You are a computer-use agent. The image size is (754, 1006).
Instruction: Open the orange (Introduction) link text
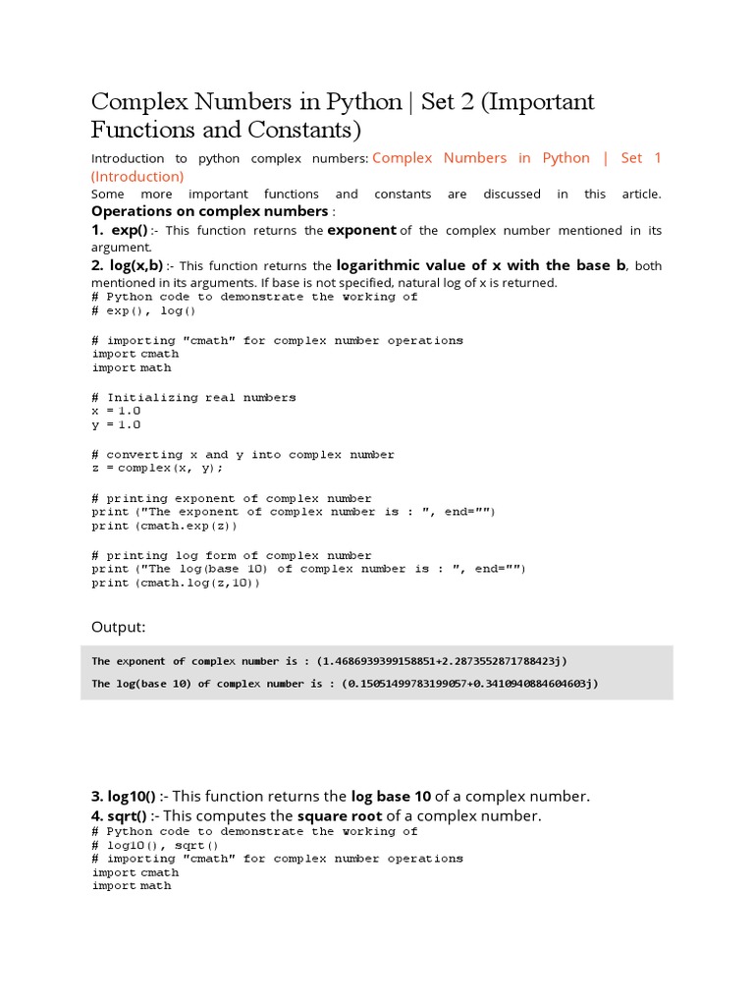point(137,177)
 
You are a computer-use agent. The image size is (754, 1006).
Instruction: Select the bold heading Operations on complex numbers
point(209,211)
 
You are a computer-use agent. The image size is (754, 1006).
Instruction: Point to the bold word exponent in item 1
point(361,230)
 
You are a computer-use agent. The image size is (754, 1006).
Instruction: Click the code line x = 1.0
point(116,411)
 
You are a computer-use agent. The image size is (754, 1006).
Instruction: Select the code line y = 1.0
point(116,424)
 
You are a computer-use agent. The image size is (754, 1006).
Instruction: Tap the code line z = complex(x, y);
point(157,468)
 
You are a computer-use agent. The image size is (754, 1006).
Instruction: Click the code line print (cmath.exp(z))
point(164,526)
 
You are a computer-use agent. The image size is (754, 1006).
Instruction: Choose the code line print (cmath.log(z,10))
point(176,583)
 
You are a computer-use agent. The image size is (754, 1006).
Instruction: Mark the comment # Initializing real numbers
point(193,397)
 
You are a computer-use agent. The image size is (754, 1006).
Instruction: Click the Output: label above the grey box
point(119,627)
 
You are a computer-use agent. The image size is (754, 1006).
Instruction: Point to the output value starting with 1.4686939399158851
point(441,661)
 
